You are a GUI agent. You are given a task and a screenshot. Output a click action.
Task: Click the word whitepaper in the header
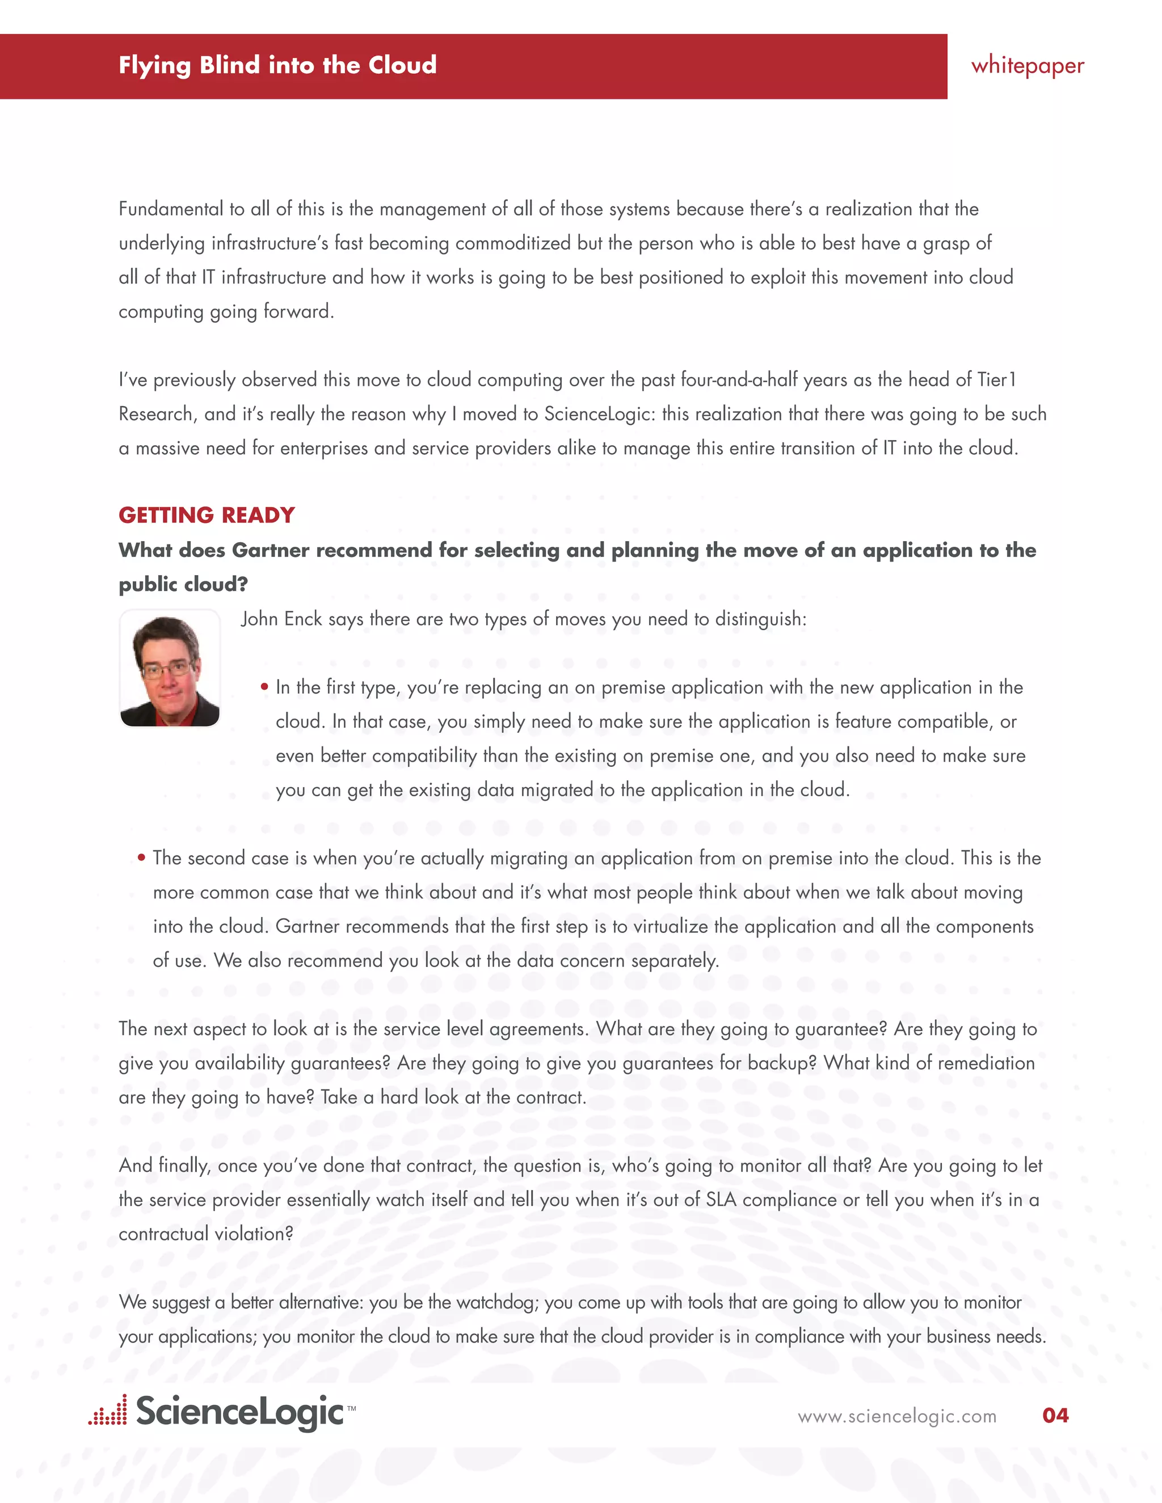pyautogui.click(x=1027, y=66)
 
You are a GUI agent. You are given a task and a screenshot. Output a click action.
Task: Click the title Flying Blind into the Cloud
pyautogui.click(x=277, y=65)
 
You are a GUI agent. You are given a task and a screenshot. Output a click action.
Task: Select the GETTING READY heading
pyautogui.click(x=207, y=516)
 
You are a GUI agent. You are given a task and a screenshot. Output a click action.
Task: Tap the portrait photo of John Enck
pyautogui.click(x=169, y=668)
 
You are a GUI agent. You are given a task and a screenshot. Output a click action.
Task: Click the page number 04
pyautogui.click(x=1055, y=1415)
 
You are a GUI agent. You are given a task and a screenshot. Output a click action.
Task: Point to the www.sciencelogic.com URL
pyautogui.click(x=896, y=1416)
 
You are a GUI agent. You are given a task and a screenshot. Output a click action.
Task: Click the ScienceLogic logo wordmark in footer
pyautogui.click(x=239, y=1412)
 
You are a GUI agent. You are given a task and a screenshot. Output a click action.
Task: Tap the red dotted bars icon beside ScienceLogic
pyautogui.click(x=108, y=1411)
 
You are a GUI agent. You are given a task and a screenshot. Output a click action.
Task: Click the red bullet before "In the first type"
pyautogui.click(x=264, y=687)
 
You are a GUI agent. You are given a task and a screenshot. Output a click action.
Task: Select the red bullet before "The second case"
pyautogui.click(x=141, y=858)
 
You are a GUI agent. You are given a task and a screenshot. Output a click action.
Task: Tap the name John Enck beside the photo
pyautogui.click(x=281, y=619)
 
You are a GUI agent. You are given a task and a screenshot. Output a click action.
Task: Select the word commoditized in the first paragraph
pyautogui.click(x=513, y=244)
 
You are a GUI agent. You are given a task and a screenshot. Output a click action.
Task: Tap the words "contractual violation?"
pyautogui.click(x=206, y=1234)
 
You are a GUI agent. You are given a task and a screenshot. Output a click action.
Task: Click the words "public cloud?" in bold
pyautogui.click(x=183, y=585)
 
